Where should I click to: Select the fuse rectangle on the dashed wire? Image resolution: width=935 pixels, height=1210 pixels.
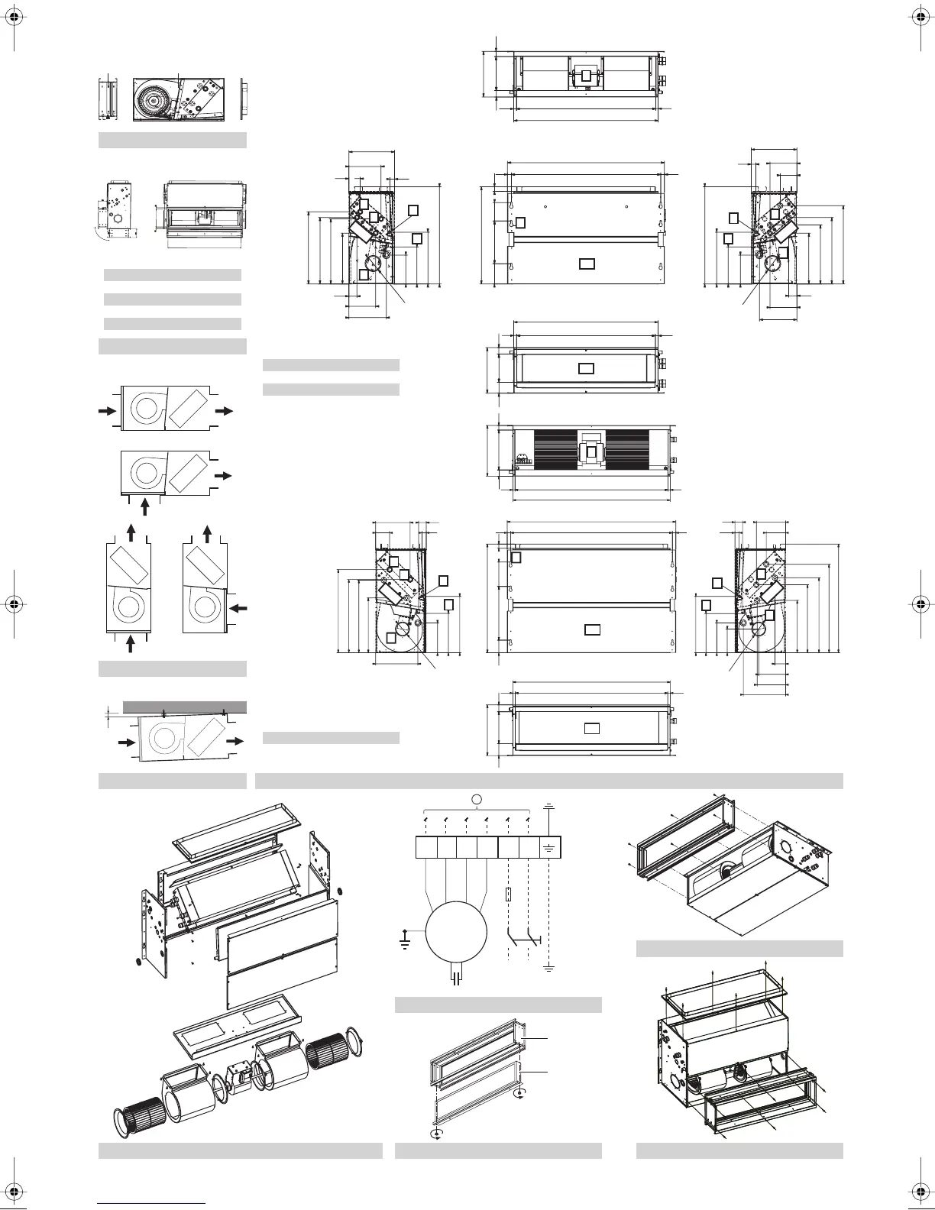508,896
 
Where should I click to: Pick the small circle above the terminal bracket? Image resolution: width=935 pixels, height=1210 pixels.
477,799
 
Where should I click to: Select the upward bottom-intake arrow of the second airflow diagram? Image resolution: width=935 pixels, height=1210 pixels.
144,506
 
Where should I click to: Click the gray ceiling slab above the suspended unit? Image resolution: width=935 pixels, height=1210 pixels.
184,707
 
